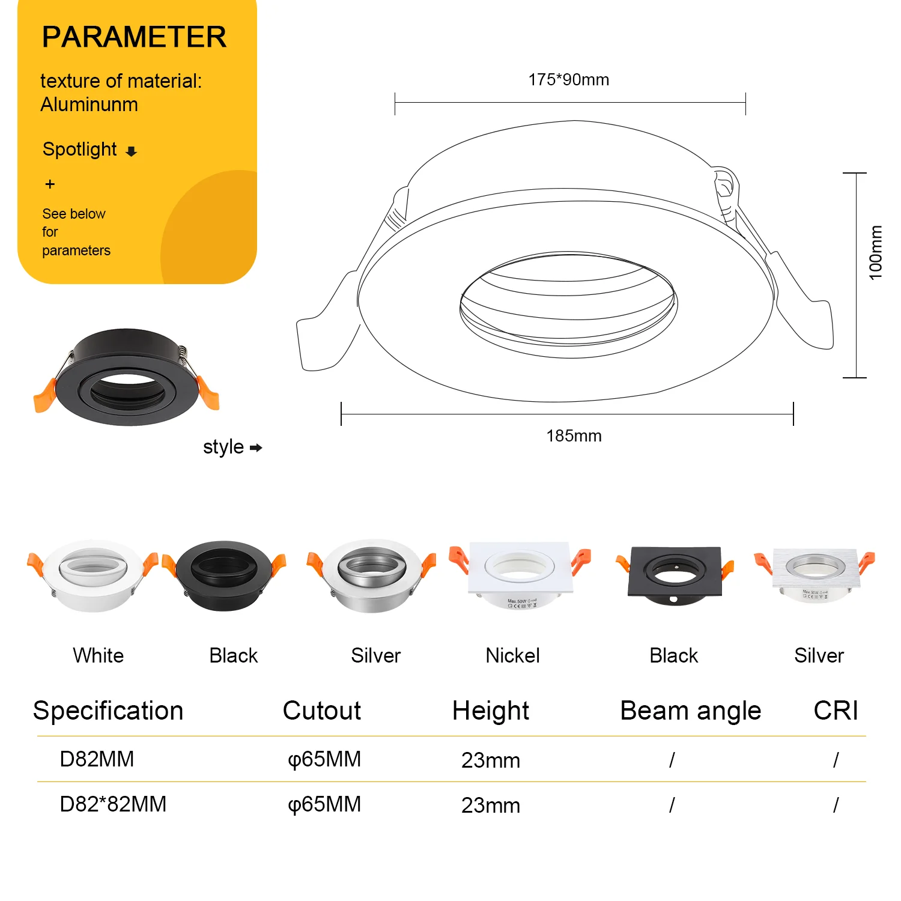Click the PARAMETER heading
click(x=134, y=37)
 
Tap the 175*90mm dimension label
click(x=568, y=79)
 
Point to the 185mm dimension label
click(x=574, y=435)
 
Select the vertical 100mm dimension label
click(x=875, y=252)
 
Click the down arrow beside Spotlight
click(x=132, y=151)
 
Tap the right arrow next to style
click(x=256, y=447)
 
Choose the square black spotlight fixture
click(x=674, y=573)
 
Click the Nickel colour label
click(x=512, y=655)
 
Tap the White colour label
click(x=98, y=655)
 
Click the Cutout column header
click(x=321, y=711)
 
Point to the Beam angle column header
click(x=690, y=711)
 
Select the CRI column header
click(x=836, y=711)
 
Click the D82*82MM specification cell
click(x=113, y=804)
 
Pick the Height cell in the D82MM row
click(x=491, y=760)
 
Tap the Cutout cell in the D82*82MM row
click(x=324, y=804)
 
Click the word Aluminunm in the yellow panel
click(x=89, y=105)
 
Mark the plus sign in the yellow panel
click(x=50, y=184)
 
